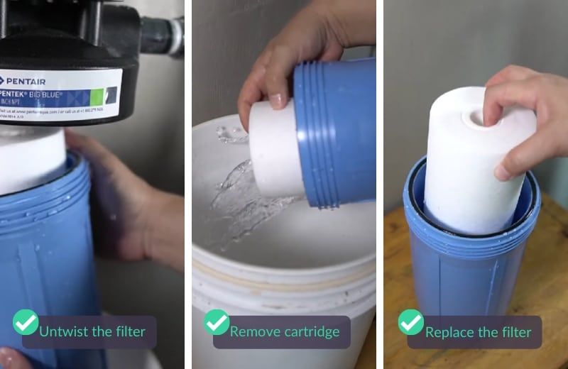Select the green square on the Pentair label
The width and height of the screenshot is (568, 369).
click(110, 94)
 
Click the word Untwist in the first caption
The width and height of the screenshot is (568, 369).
click(62, 331)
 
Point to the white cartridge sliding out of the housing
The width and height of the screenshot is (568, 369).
click(273, 153)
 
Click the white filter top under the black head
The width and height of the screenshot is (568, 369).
click(32, 160)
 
